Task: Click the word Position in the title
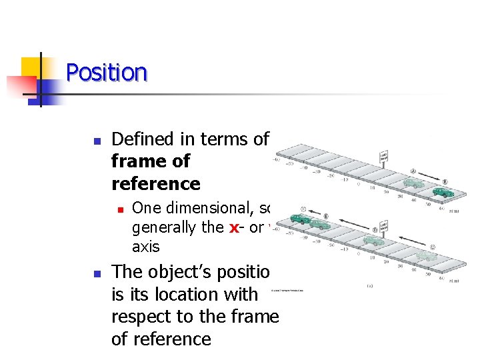click(107, 72)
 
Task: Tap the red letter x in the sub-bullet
click(234, 227)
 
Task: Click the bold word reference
click(156, 183)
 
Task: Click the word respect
click(146, 317)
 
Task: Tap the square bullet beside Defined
click(97, 141)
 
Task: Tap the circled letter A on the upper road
click(413, 171)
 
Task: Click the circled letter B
click(445, 181)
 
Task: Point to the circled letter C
click(433, 246)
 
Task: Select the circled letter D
click(375, 230)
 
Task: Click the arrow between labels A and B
click(429, 176)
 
